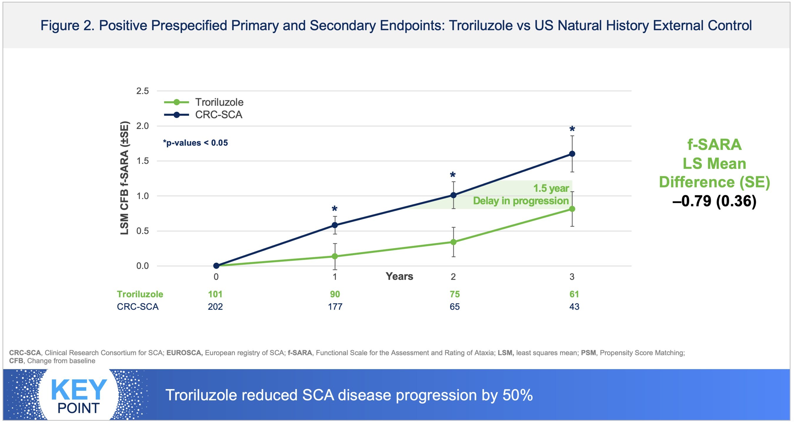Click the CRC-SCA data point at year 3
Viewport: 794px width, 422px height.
(x=572, y=154)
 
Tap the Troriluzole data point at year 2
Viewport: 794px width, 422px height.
(x=453, y=242)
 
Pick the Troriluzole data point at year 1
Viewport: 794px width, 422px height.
(x=335, y=256)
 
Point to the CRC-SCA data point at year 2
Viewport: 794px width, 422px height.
(x=453, y=195)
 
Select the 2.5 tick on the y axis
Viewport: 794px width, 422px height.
(x=142, y=91)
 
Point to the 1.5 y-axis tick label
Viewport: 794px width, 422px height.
(x=142, y=161)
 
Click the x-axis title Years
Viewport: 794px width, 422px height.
(x=399, y=276)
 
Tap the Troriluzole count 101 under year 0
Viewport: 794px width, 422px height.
(x=215, y=294)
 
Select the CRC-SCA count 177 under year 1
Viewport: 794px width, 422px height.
(x=335, y=307)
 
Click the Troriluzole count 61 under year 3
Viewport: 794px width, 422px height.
(x=574, y=294)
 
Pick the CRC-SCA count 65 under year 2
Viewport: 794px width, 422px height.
(x=455, y=307)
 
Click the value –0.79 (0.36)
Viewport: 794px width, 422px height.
(x=714, y=201)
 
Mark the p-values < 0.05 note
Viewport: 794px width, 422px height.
(x=196, y=143)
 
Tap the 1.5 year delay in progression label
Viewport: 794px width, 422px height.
(x=521, y=194)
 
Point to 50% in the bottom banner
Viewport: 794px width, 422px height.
(x=518, y=395)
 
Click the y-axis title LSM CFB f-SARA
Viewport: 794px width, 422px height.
(x=124, y=178)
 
